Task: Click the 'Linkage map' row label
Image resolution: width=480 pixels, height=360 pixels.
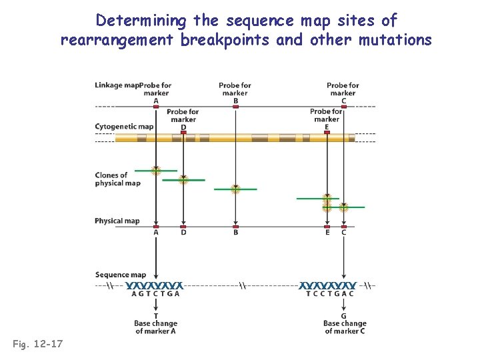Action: click(117, 85)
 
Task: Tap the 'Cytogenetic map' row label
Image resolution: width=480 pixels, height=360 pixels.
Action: click(124, 127)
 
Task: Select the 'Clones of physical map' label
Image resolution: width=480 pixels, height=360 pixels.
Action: click(117, 179)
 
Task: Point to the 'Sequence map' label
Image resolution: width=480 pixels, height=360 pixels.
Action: click(120, 275)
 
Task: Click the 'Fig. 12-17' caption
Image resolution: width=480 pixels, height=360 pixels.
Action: click(37, 344)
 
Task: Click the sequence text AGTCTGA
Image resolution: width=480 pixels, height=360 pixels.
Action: click(155, 293)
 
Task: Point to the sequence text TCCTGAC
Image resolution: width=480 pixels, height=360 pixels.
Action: click(329, 293)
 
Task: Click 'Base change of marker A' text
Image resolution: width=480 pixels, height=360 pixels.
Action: click(155, 327)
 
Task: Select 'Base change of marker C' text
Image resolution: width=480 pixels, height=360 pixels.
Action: click(345, 327)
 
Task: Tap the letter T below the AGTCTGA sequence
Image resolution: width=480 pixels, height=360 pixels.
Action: click(155, 316)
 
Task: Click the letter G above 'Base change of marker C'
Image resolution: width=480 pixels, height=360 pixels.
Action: click(343, 316)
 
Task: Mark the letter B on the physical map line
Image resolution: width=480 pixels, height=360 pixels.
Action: click(235, 233)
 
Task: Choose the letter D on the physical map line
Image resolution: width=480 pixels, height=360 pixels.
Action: click(183, 233)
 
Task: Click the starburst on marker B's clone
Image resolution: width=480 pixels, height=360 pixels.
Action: click(235, 189)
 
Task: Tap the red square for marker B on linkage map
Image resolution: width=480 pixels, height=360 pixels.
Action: click(235, 107)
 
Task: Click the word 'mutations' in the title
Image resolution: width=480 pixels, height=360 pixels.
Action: click(395, 40)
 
